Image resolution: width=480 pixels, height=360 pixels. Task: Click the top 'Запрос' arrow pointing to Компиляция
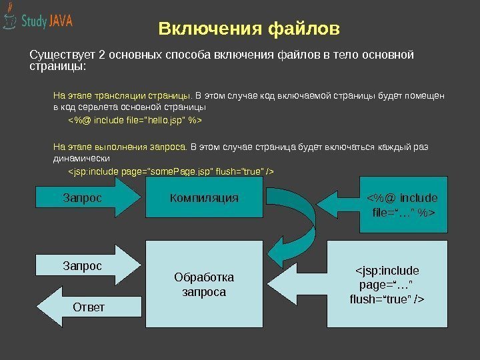87,199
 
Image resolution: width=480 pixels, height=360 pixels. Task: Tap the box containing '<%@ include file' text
401,204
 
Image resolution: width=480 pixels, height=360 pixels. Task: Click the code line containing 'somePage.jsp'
172,173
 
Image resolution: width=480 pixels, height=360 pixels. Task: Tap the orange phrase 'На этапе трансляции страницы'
121,95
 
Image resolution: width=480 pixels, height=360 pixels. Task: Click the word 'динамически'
81,160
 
